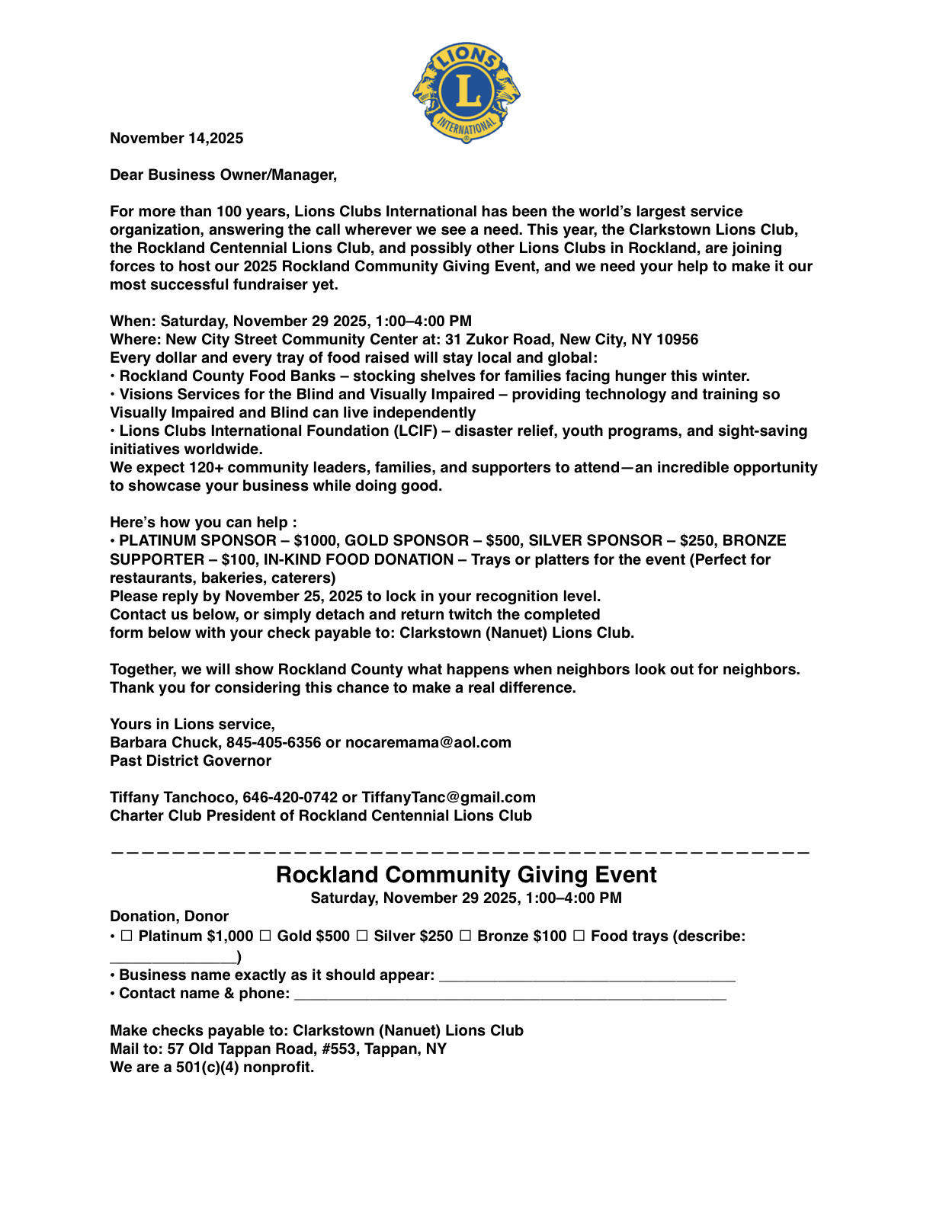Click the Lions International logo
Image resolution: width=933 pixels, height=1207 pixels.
point(466,92)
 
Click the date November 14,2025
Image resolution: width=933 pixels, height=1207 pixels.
point(177,138)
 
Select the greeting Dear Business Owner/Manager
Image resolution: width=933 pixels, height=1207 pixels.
point(223,174)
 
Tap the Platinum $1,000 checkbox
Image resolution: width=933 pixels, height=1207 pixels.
point(127,936)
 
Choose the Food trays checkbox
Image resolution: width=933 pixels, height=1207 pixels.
point(579,936)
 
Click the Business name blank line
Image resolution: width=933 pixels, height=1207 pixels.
point(587,976)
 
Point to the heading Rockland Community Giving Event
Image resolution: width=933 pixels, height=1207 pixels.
point(466,875)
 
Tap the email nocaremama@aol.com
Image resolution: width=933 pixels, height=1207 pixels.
point(428,742)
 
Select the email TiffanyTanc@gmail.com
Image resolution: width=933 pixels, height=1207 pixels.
point(448,797)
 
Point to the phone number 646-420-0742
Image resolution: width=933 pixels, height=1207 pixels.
point(290,797)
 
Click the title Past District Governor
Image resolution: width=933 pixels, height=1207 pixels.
point(191,760)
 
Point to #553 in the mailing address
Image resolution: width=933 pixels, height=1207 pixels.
point(331,1049)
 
